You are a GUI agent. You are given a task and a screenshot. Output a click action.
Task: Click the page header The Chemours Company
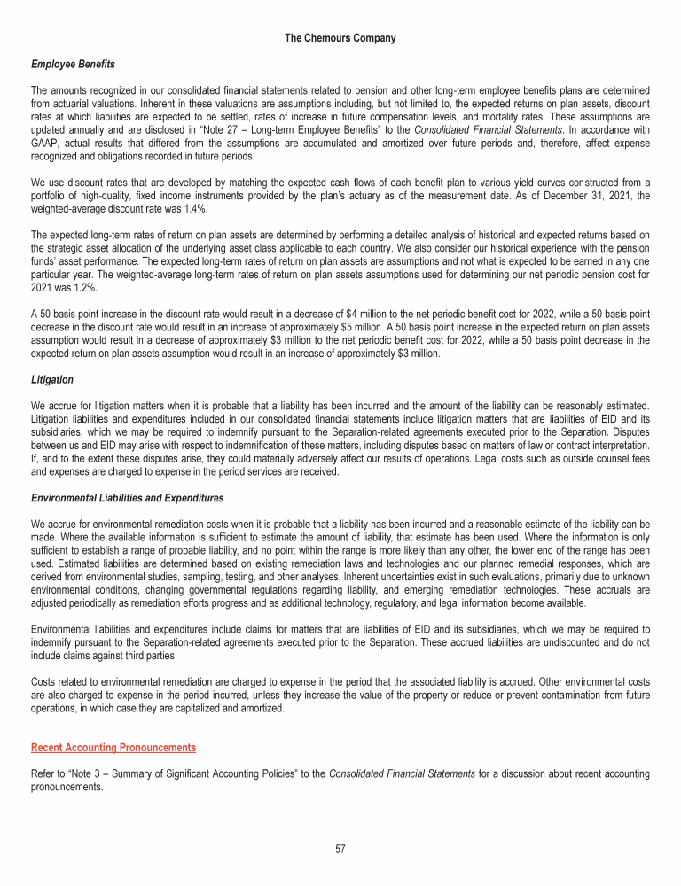coord(340,38)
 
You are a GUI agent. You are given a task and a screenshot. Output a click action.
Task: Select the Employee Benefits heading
coord(73,65)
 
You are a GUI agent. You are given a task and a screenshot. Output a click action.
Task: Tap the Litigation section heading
coord(52,379)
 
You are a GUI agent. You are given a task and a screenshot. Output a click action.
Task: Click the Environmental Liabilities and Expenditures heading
coord(128,499)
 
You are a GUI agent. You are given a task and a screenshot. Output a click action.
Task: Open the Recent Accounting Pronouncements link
coord(113,748)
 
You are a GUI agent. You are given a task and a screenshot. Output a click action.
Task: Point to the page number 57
coord(340,849)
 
